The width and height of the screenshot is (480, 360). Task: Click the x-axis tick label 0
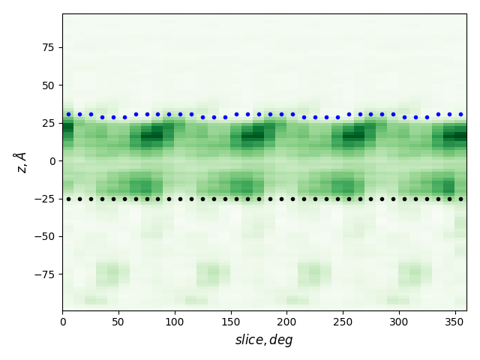[62, 322]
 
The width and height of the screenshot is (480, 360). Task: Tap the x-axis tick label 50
[118, 322]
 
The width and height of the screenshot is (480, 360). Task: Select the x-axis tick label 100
[175, 322]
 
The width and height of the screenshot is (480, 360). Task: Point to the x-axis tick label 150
[230, 322]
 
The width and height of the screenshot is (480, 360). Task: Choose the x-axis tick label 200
[286, 322]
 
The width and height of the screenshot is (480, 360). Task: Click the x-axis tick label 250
[343, 322]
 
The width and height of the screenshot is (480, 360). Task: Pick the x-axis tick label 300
[399, 322]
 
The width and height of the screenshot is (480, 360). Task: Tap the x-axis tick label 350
[454, 322]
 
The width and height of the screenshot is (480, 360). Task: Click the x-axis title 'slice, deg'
[264, 340]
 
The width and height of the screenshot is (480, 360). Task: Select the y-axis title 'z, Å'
[20, 161]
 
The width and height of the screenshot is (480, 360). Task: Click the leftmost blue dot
[68, 115]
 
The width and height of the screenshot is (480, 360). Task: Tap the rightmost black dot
[460, 199]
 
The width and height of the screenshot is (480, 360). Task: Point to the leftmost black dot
[68, 199]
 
